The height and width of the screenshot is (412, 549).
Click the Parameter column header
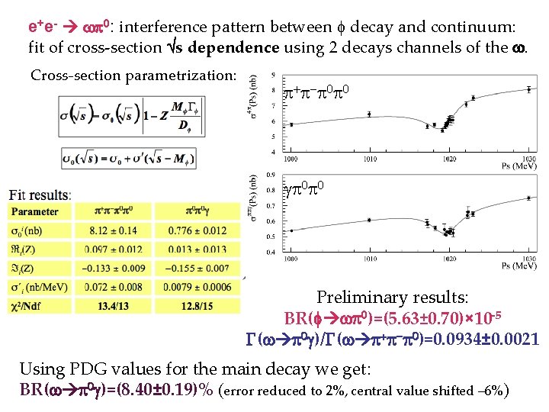(35, 211)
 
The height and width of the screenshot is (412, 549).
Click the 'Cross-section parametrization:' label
(133, 76)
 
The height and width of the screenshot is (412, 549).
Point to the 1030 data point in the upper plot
(528, 89)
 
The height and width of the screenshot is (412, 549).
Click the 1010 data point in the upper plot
(370, 114)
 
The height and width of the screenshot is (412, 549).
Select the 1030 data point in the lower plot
(528, 198)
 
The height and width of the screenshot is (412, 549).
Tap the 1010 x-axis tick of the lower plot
(369, 259)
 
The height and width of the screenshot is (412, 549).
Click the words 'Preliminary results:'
(392, 298)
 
